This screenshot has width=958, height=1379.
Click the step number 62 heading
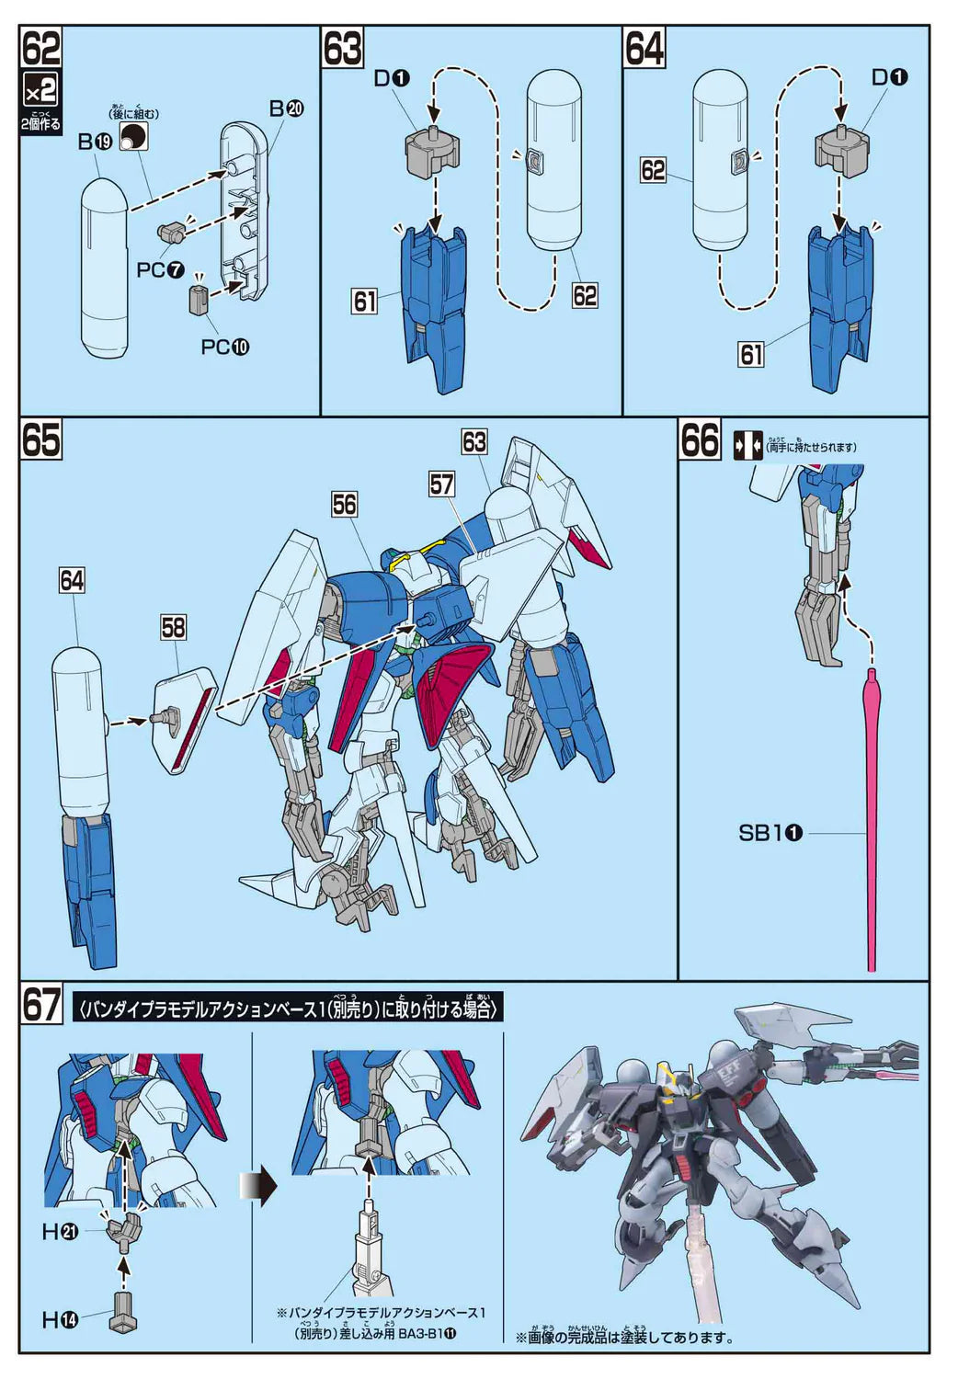(x=41, y=48)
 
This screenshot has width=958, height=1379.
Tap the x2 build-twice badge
(x=41, y=90)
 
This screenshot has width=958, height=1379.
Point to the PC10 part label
(x=224, y=348)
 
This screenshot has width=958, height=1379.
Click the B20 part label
(x=286, y=108)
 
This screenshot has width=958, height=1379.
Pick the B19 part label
(x=94, y=142)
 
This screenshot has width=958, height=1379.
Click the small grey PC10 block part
(x=200, y=299)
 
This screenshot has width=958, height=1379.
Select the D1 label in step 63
(x=391, y=79)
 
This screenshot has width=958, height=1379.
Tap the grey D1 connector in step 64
(x=841, y=146)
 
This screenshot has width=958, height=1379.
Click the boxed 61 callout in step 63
(x=365, y=301)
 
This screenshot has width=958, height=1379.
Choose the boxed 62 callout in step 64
(x=653, y=170)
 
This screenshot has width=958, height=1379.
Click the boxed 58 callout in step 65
(x=173, y=627)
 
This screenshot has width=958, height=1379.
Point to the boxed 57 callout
(x=442, y=484)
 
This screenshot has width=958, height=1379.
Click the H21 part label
(x=61, y=1232)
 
